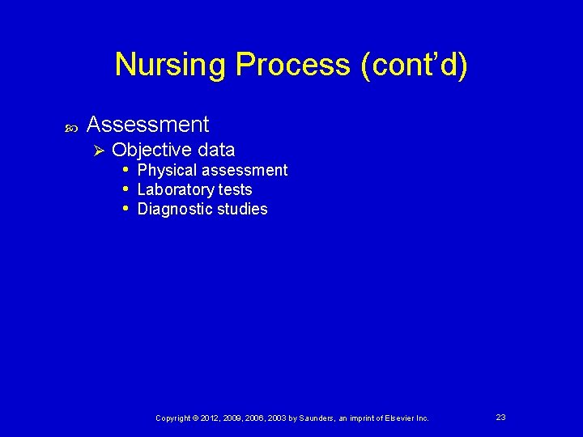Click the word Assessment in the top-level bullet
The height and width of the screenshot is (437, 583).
click(147, 125)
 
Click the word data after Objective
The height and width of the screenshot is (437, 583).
click(214, 150)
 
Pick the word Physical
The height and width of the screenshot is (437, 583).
click(167, 170)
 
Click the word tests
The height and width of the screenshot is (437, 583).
click(236, 189)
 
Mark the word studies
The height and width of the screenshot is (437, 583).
click(241, 209)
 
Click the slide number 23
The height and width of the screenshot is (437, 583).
click(500, 417)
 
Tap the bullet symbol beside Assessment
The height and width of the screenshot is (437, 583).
click(70, 127)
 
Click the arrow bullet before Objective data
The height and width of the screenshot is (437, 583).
click(100, 151)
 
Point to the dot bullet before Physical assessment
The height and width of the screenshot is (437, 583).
click(126, 170)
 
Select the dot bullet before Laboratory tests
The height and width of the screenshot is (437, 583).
click(126, 189)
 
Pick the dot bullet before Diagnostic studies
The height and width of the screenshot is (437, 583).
click(126, 209)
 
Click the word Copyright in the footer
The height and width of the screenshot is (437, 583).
click(173, 418)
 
